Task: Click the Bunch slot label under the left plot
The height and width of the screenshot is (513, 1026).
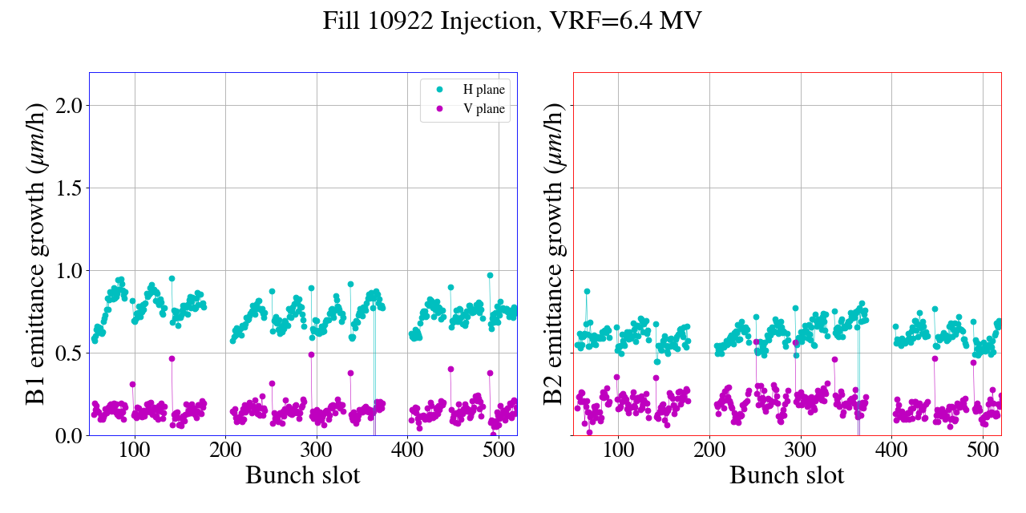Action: tap(303, 475)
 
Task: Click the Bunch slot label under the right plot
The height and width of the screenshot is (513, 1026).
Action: tap(787, 475)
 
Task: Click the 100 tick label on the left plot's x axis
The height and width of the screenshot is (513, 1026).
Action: tap(135, 450)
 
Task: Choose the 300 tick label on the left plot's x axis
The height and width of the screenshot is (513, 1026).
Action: tap(317, 450)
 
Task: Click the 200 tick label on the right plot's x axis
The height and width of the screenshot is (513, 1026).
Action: tap(709, 450)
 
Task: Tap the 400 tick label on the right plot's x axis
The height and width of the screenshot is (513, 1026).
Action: tap(891, 450)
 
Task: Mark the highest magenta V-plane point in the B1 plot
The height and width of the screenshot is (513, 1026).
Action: tap(311, 354)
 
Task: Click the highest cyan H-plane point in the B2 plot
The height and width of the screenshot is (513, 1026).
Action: tap(587, 292)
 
